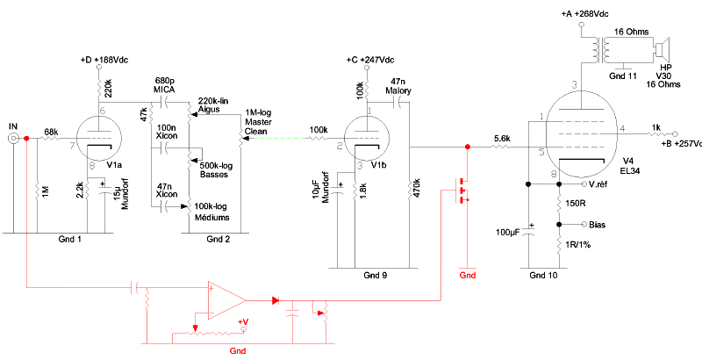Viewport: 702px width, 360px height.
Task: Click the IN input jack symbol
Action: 15,139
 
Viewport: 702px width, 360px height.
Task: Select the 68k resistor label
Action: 50,132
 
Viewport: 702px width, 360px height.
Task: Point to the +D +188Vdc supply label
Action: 104,60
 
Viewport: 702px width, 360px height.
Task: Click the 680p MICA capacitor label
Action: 163,85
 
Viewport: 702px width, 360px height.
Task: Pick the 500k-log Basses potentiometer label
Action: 214,170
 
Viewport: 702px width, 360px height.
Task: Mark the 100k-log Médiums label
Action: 213,212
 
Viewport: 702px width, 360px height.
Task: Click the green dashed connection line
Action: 276,139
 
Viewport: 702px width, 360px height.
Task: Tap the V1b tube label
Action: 380,164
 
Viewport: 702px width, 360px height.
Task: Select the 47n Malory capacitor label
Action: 398,86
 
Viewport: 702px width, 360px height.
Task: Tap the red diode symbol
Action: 276,300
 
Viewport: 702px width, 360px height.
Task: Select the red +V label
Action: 243,321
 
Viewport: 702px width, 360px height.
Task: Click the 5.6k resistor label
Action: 501,139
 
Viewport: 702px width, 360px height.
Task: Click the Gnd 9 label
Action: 376,275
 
